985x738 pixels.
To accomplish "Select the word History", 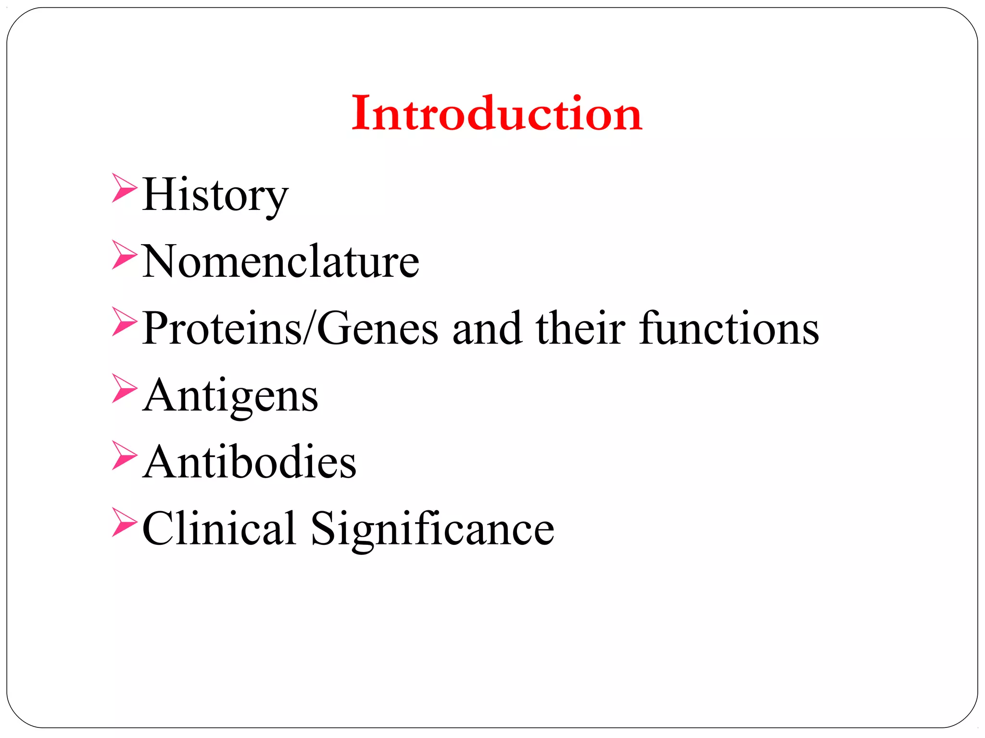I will [215, 195].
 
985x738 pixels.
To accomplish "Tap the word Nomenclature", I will [280, 261].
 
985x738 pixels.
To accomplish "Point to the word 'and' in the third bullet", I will [487, 328].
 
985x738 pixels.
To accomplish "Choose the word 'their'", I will [581, 328].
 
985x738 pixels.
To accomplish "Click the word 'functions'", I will [729, 328].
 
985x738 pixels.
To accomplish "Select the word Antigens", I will [230, 396].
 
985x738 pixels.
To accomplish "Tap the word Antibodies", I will [250, 462].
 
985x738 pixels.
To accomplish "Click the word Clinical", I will [219, 529].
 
